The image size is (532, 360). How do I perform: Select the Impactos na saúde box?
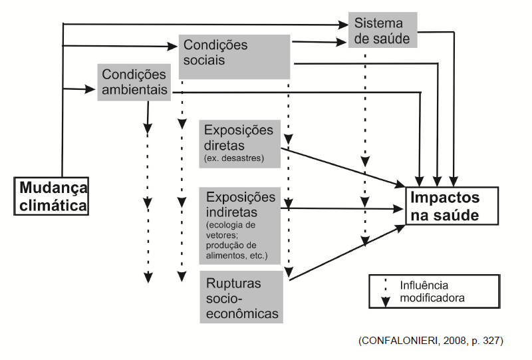point(452,206)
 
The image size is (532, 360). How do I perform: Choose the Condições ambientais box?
point(134,82)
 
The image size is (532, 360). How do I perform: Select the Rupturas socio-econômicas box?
point(241,297)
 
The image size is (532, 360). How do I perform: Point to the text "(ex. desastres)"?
point(233,159)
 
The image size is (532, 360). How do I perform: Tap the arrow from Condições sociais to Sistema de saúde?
point(319,43)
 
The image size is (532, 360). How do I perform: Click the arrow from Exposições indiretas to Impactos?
point(346,209)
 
